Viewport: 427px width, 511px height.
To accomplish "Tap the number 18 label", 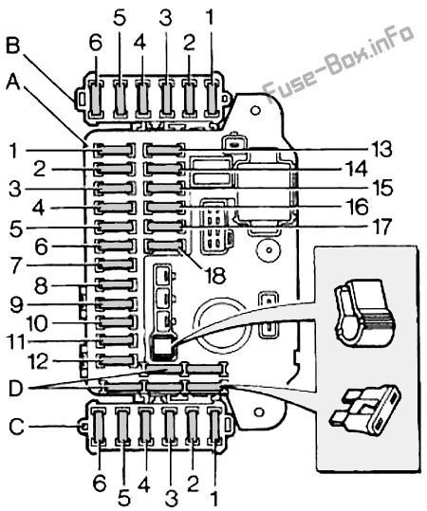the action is pos(214,274).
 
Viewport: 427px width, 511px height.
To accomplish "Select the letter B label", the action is pos(13,46).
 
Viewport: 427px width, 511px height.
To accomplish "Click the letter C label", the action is pos(16,427).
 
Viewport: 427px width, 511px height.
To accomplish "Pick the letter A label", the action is pos(13,82).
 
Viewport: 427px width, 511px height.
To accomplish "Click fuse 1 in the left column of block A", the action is pos(115,150).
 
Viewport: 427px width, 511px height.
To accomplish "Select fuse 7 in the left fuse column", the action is pos(117,264).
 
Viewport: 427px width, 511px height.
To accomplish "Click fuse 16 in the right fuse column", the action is pos(164,208).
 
